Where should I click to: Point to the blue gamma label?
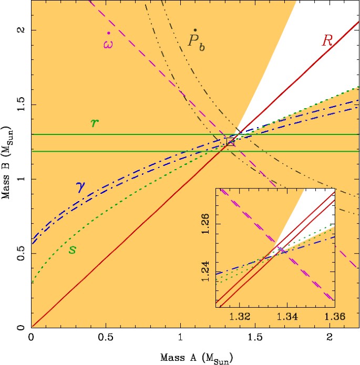click(x=81, y=187)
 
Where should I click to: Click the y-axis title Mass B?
click(x=9, y=164)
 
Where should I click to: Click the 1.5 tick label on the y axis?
click(x=21, y=105)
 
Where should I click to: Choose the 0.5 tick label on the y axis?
click(x=21, y=254)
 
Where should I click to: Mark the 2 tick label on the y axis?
click(x=21, y=30)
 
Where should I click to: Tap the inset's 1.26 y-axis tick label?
click(x=207, y=223)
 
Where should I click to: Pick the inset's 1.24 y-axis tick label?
click(x=207, y=270)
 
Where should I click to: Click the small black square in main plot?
click(x=230, y=141)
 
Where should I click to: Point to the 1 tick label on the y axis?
click(x=21, y=179)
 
